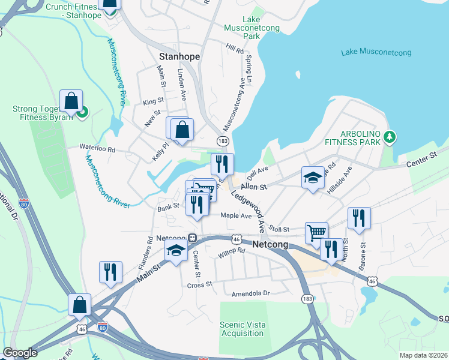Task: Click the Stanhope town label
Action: point(179,56)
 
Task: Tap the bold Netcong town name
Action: point(271,245)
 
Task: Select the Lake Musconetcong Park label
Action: point(243,28)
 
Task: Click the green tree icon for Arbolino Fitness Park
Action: point(390,137)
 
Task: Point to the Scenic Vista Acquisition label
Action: point(242,329)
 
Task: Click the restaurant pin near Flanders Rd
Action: point(110,272)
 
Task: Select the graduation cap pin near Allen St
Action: point(312,178)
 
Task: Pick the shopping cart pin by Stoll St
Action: point(316,232)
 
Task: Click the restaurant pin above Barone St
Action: point(359,219)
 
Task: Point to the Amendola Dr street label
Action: point(251,293)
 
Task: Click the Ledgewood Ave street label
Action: point(247,211)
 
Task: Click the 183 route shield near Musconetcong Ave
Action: point(223,140)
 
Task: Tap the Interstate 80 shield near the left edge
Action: point(23,203)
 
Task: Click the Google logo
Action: point(20,353)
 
